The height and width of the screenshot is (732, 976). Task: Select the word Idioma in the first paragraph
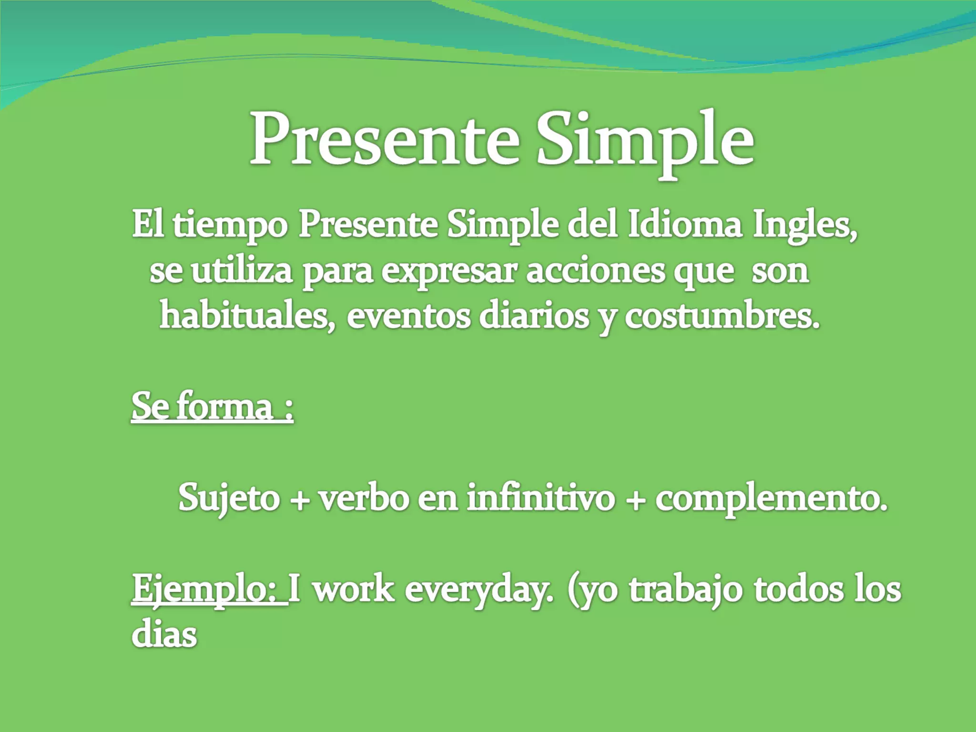pos(685,225)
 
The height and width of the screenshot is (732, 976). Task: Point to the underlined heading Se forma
pos(212,407)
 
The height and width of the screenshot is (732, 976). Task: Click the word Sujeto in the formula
pos(229,498)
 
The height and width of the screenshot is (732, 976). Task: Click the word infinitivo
pos(540,498)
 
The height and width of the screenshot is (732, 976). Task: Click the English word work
pos(353,590)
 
